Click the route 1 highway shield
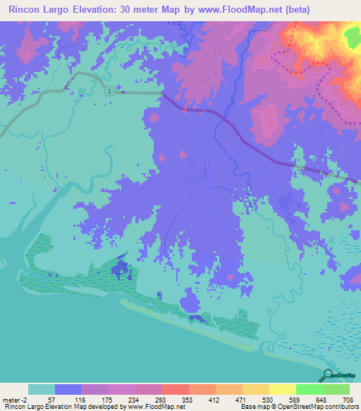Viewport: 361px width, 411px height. pyautogui.click(x=111, y=92)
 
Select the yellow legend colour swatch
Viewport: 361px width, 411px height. pyautogui.click(x=283, y=389)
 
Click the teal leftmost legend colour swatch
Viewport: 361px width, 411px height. pyautogui.click(x=42, y=389)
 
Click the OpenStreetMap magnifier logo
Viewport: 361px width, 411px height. pyautogui.click(x=327, y=376)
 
